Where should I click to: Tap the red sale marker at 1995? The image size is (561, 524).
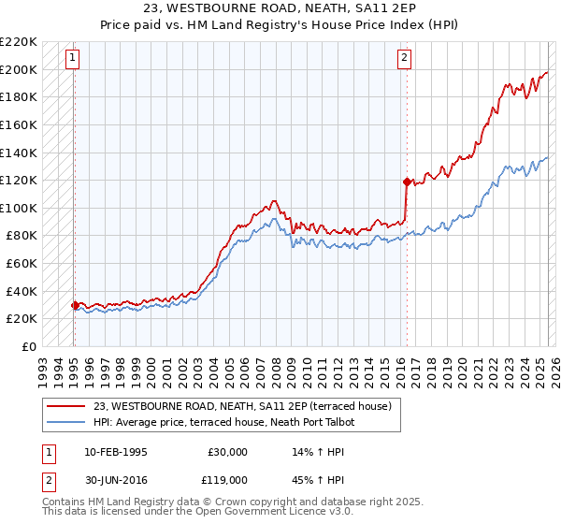pyautogui.click(x=75, y=305)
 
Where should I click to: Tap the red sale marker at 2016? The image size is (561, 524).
pyautogui.click(x=406, y=182)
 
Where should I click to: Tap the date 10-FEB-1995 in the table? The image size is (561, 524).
pyautogui.click(x=115, y=452)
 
